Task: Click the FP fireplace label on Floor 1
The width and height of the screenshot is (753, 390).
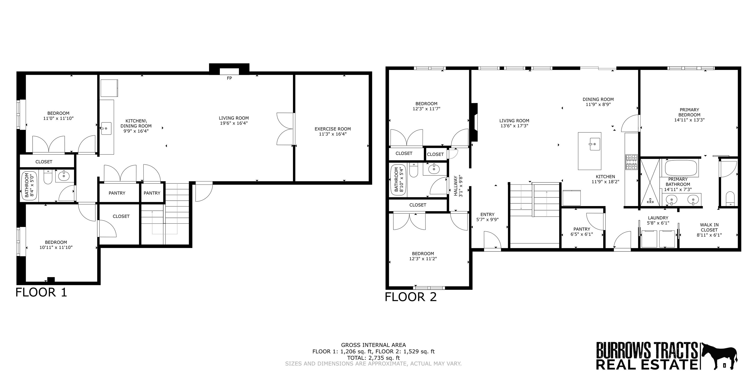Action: (x=229, y=78)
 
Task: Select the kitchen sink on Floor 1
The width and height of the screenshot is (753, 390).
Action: (x=106, y=129)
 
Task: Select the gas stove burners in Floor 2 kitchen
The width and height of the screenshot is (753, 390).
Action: (x=631, y=162)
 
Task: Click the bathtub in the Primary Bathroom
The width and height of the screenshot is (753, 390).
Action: (x=681, y=168)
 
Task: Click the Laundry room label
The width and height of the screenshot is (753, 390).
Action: (x=658, y=218)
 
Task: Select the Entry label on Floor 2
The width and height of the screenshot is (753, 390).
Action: (x=487, y=214)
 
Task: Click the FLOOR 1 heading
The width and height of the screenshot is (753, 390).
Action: (x=41, y=292)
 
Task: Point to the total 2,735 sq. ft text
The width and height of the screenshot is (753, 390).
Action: (x=373, y=358)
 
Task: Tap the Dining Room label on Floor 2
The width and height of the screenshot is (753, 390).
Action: (x=598, y=99)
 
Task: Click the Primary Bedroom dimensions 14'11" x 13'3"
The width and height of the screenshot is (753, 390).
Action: (x=689, y=120)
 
